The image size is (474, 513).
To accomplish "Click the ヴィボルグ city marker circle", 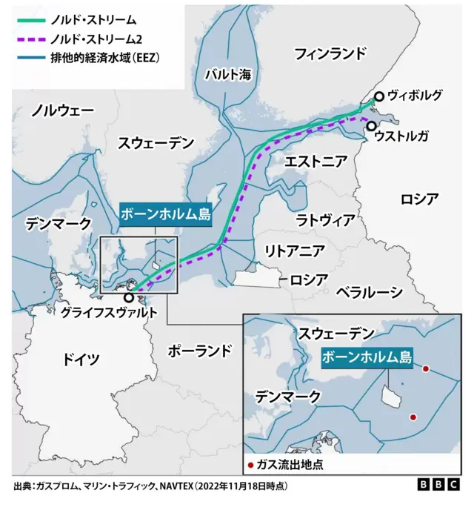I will point(378,96).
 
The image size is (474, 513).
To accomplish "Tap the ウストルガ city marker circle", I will point(370,127).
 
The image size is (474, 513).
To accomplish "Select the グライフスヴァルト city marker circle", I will point(130,297).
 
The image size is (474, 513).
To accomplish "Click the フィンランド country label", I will point(330,53).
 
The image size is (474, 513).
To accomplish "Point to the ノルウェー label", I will point(62,110).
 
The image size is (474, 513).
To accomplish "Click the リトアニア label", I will point(294,249).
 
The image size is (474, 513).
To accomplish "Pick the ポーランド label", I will point(200,350).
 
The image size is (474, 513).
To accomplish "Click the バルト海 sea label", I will point(227,73).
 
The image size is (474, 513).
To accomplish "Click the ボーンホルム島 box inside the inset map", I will point(367,357).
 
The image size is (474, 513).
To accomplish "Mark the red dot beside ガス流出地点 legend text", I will point(251,465).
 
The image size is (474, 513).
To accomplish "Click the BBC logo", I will point(438,485).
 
